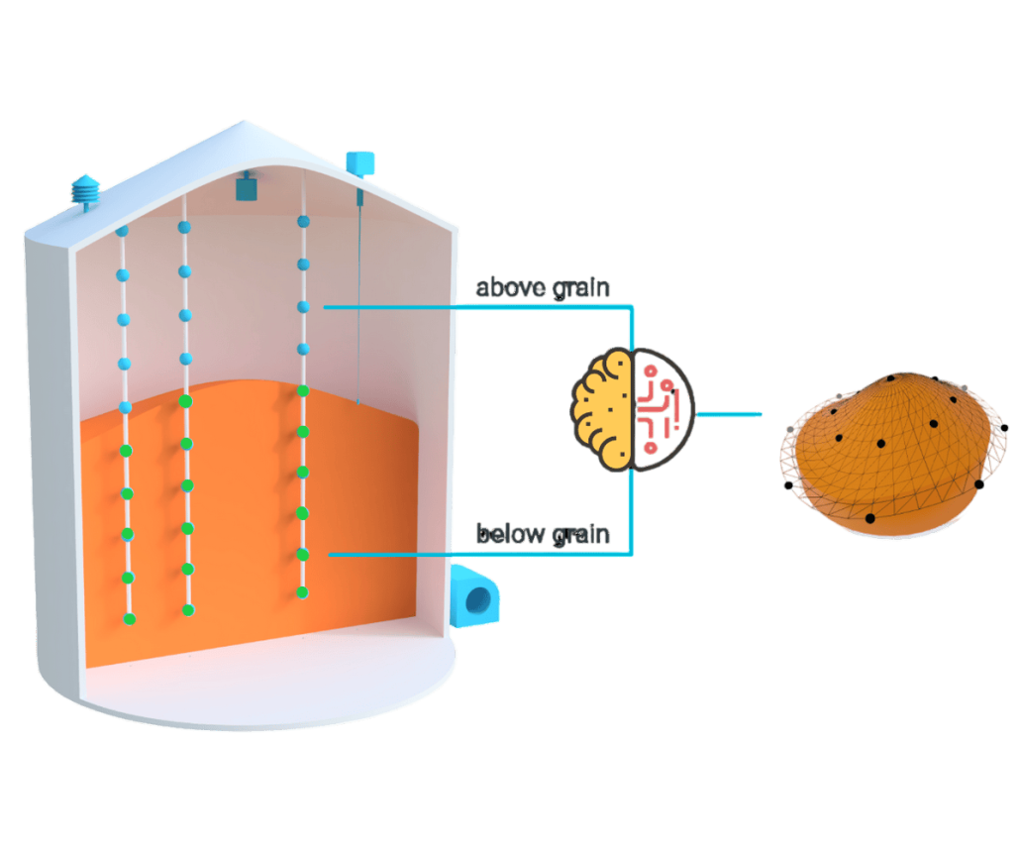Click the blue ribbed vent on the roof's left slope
click(86, 190)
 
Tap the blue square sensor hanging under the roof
click(245, 186)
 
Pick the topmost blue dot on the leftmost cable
click(122, 231)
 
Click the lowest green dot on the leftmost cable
click(128, 619)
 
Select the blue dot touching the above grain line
click(304, 307)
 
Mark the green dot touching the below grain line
click(303, 554)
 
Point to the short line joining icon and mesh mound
click(730, 414)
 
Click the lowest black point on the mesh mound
click(870, 518)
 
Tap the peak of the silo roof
click(242, 123)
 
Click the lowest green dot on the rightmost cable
click(302, 592)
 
